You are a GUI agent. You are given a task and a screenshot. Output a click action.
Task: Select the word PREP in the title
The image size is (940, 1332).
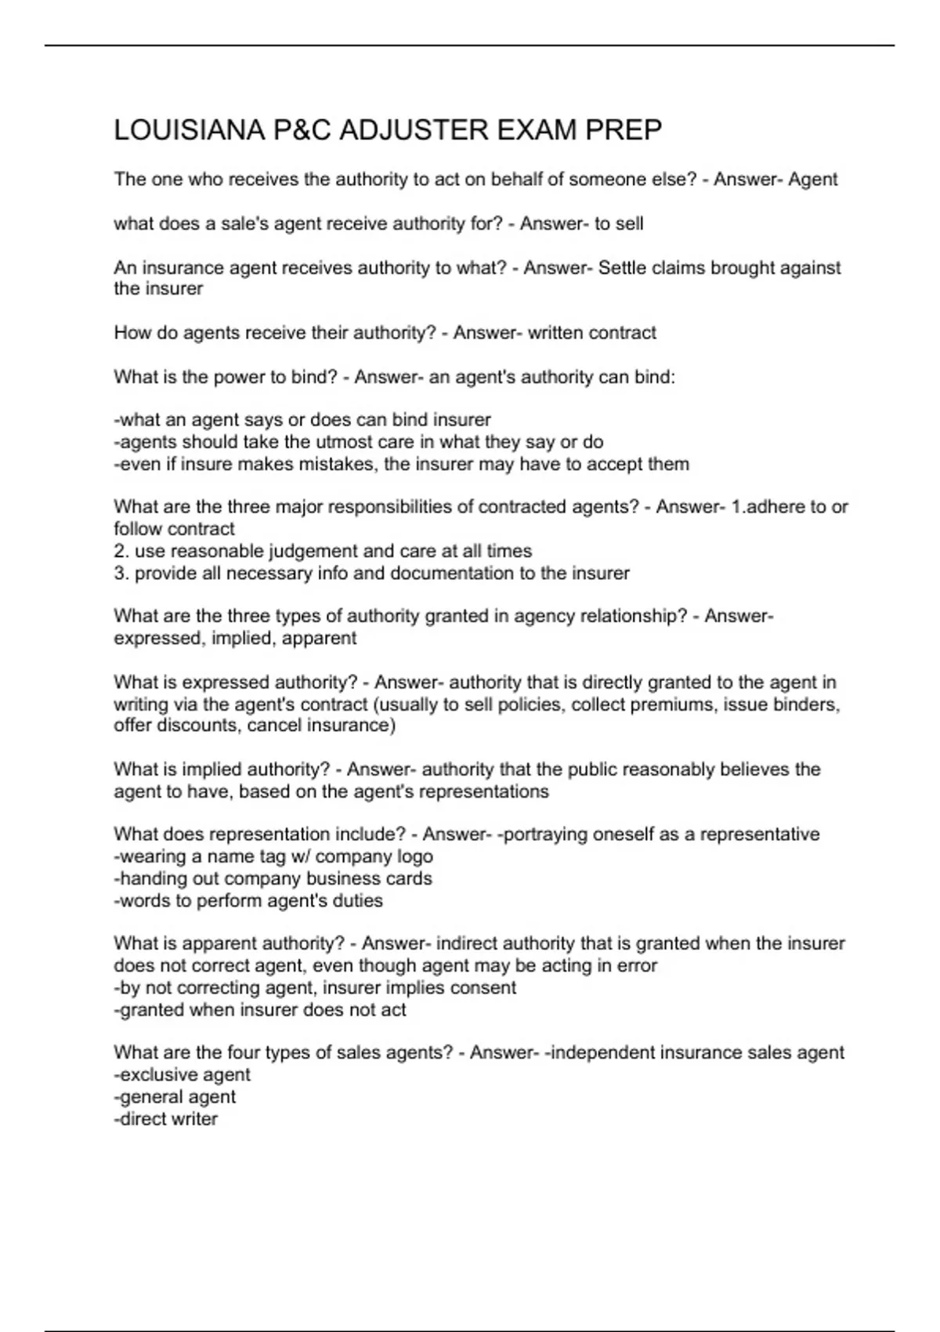628,130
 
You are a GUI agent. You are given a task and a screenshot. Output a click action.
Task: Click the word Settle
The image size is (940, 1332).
622,268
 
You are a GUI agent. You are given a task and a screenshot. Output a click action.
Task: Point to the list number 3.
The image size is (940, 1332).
121,573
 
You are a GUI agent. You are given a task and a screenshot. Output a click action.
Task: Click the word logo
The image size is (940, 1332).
415,856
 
